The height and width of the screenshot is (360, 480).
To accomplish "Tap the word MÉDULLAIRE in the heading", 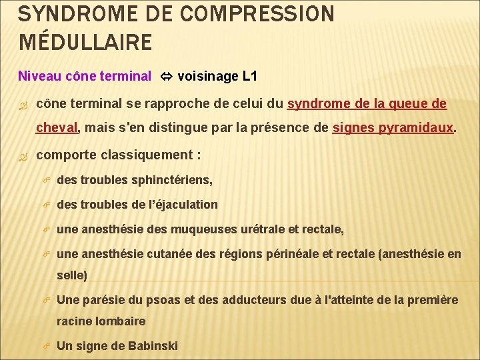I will point(86,43).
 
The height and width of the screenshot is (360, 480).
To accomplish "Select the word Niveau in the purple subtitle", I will point(37,76).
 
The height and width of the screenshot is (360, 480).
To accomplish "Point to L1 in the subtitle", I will point(249,76).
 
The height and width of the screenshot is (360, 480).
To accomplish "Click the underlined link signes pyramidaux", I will point(393,127).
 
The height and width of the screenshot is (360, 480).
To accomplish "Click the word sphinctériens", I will point(175,180).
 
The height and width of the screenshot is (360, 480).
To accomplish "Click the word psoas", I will point(165,300).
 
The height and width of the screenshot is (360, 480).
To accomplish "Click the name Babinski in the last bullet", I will point(151,345).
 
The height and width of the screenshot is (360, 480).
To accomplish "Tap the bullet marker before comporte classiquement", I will point(25,155).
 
